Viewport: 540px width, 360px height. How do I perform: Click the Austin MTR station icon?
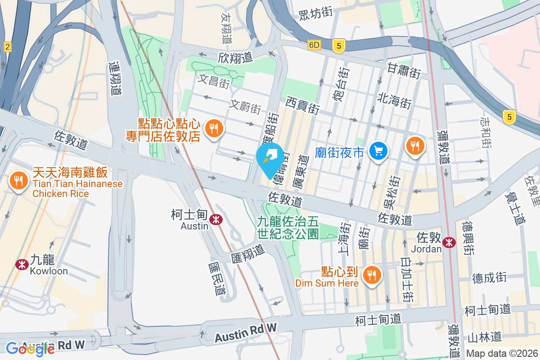(216, 219)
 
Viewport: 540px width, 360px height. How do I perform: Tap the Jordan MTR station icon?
(449, 242)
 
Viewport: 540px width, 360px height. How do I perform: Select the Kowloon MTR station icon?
(21, 264)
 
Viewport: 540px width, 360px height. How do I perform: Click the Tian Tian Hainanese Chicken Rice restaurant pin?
(18, 181)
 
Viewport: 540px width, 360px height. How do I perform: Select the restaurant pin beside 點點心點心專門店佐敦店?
(214, 129)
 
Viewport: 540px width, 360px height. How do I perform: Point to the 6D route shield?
(314, 45)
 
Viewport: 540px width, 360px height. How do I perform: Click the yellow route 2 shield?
(7, 46)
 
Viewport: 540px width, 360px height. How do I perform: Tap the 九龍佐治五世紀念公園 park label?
(288, 227)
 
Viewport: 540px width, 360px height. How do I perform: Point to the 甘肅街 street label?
(404, 70)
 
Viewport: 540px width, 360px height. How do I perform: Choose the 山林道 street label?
(484, 336)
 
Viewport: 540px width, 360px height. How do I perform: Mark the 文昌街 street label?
(214, 81)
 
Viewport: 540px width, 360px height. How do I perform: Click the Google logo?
(30, 349)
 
